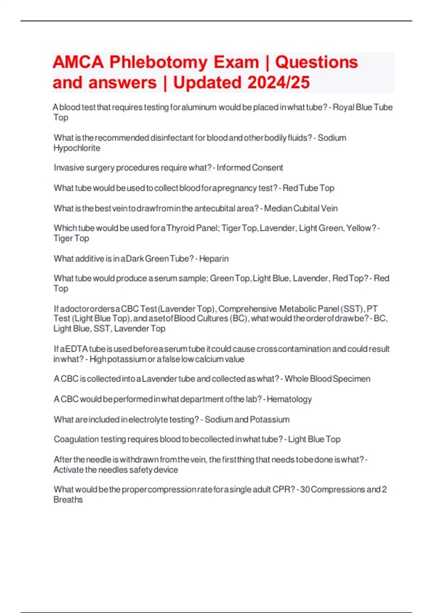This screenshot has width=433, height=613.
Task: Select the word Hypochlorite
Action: click(77, 148)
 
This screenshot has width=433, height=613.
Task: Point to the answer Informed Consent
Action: click(250, 168)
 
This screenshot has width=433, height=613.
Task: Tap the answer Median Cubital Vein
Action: click(301, 208)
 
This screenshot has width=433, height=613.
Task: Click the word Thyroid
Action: click(180, 228)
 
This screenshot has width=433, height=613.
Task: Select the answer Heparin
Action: click(214, 259)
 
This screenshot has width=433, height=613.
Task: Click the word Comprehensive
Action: click(248, 309)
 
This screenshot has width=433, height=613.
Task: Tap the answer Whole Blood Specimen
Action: click(327, 379)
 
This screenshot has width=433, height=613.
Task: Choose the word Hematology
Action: click(289, 400)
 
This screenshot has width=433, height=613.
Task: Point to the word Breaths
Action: click(68, 500)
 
